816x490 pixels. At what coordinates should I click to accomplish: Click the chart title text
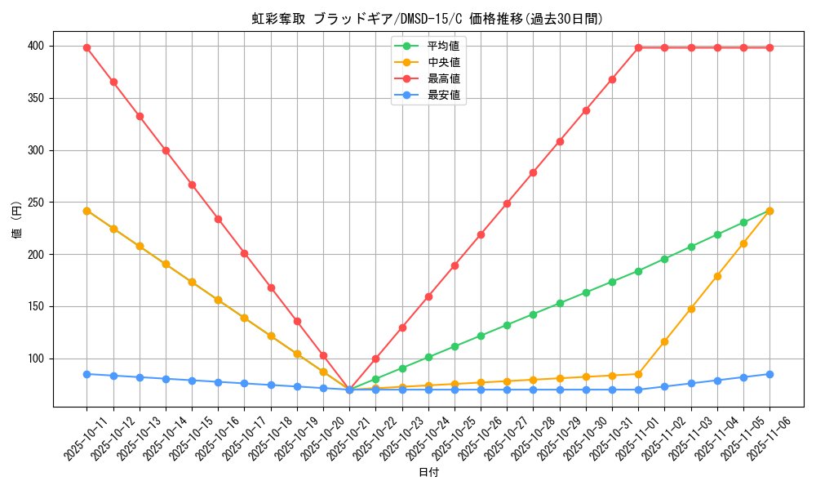[x=428, y=19]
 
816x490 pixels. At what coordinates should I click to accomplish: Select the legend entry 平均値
[x=443, y=45]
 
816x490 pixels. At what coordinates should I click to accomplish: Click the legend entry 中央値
[x=443, y=62]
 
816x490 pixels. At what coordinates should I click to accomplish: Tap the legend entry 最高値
[x=443, y=78]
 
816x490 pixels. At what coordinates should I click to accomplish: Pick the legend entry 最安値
[x=443, y=96]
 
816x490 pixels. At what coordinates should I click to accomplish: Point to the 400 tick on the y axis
[x=38, y=47]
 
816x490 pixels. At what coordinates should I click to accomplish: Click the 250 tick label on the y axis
[x=38, y=203]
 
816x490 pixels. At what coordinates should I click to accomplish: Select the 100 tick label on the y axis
[x=38, y=359]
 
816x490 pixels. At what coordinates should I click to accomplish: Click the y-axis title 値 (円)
[x=17, y=220]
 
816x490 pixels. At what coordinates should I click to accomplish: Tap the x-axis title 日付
[x=428, y=473]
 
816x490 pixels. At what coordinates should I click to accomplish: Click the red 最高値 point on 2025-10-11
[x=86, y=47]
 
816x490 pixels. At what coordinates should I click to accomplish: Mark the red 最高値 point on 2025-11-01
[x=638, y=47]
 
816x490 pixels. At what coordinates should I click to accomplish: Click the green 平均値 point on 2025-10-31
[x=612, y=282]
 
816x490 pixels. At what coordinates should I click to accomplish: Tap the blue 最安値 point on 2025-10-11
[x=86, y=374]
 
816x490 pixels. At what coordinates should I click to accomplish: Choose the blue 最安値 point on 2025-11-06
[x=769, y=374]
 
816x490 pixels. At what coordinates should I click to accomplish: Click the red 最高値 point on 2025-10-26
[x=481, y=234]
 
